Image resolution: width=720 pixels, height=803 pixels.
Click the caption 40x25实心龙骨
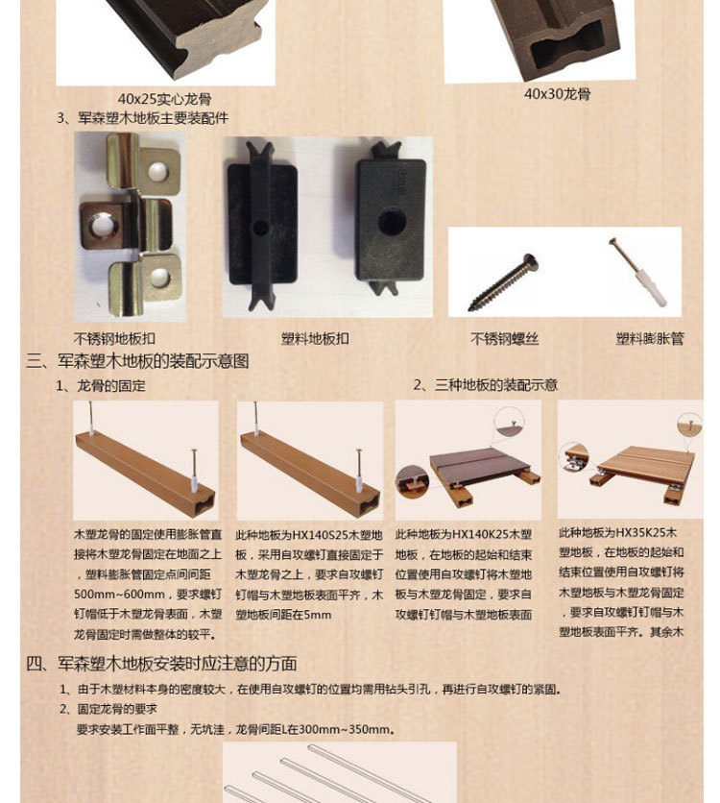164,99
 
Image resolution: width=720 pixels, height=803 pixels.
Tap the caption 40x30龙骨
557,94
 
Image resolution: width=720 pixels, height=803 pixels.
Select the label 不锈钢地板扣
114,338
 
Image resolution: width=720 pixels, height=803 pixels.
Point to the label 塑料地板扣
315,338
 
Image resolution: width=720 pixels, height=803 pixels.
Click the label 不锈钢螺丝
505,338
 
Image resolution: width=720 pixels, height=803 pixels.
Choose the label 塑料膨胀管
650,338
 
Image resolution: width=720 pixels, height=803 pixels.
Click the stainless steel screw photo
502,282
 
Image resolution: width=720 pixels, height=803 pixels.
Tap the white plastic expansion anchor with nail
638,272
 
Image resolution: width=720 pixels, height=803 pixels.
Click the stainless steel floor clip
131,226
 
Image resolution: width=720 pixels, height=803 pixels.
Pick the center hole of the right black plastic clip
392,222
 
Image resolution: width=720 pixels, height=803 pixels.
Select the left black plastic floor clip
262,226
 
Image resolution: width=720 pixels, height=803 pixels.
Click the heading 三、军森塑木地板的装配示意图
137,361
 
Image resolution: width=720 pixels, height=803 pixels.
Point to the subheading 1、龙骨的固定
101,385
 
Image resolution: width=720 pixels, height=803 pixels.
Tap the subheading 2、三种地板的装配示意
485,384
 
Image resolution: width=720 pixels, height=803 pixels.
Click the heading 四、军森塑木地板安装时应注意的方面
161,664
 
